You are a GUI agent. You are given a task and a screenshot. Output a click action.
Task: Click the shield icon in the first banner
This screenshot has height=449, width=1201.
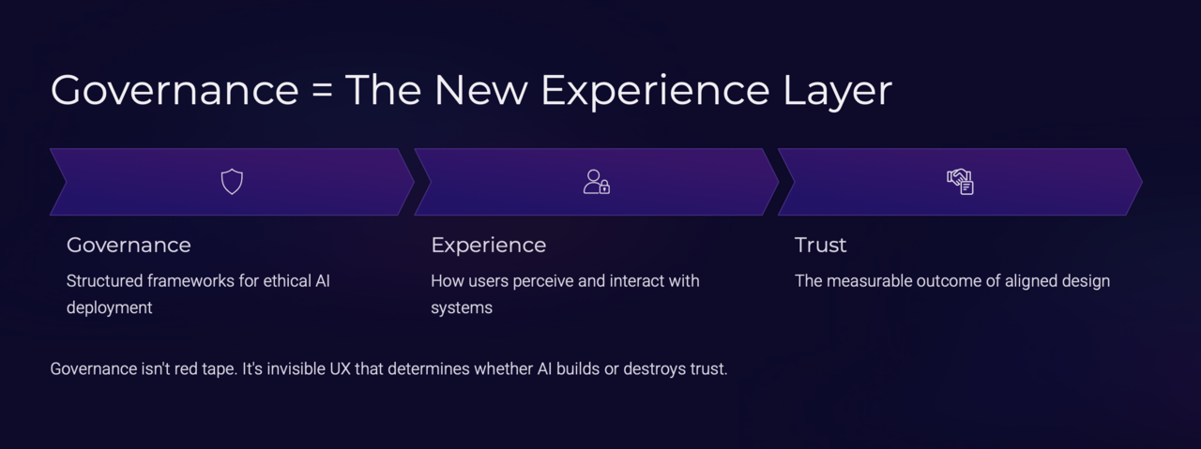pyautogui.click(x=232, y=181)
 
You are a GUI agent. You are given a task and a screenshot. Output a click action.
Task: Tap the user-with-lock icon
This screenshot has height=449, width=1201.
pyautogui.click(x=597, y=181)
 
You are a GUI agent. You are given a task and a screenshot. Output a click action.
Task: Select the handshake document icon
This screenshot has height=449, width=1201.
pyautogui.click(x=960, y=181)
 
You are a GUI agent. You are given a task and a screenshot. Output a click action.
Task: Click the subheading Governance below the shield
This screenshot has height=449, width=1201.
pyautogui.click(x=129, y=245)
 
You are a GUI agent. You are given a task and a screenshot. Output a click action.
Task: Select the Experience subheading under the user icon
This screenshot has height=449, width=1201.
pyautogui.click(x=488, y=245)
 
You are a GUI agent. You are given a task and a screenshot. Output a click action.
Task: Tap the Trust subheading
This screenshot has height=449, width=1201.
pyautogui.click(x=820, y=245)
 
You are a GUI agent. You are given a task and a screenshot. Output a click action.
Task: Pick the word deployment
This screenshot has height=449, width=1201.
pyautogui.click(x=109, y=307)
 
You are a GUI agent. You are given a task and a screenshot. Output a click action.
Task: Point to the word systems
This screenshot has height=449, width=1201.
pyautogui.click(x=462, y=307)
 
